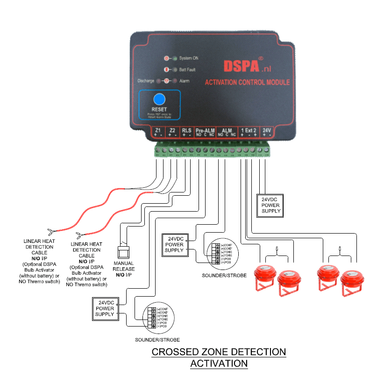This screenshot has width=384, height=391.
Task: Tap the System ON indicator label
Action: point(189,58)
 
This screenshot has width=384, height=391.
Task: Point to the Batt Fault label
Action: point(187,70)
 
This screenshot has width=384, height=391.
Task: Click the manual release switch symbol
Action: point(123,251)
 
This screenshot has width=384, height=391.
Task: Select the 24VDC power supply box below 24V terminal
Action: point(271,205)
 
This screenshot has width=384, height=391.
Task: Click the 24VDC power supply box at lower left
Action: point(105,309)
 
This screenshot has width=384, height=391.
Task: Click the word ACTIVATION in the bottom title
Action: point(219,363)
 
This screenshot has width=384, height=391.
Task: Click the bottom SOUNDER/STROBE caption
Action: point(157,340)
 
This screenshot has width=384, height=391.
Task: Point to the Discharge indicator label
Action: point(146,81)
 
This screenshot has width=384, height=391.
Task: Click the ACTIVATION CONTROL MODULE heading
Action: point(247,83)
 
